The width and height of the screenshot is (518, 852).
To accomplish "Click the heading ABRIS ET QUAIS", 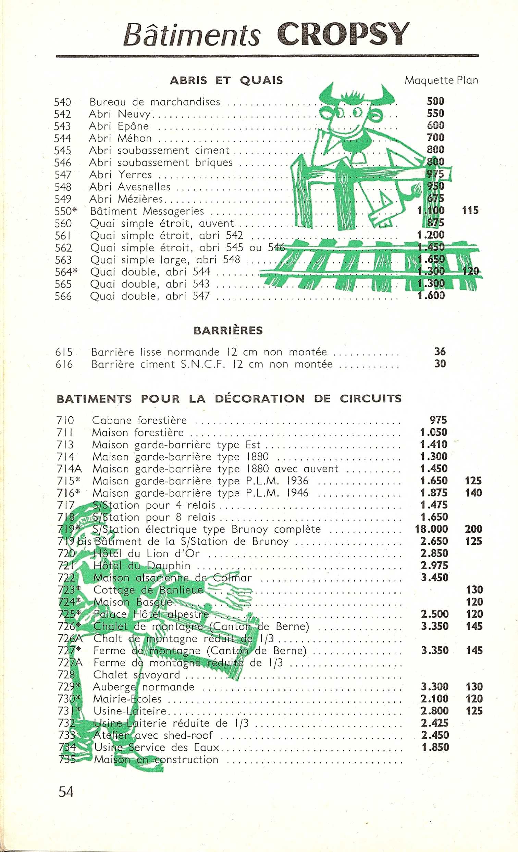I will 226,80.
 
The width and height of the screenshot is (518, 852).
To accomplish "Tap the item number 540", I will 63,102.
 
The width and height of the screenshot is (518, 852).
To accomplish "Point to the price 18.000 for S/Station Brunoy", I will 431,529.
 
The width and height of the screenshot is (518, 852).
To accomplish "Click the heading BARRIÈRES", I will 228,330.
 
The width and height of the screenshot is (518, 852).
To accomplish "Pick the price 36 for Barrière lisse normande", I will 440,351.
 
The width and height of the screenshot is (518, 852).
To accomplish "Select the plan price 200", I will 473,529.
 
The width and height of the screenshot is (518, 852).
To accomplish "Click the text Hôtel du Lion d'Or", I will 146,554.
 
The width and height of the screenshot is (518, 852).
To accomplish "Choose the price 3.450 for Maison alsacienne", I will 435,578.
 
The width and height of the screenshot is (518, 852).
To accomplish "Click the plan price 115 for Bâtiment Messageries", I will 470,210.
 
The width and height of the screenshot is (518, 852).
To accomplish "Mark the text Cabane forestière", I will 139,420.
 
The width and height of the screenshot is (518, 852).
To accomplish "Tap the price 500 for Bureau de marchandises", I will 435,101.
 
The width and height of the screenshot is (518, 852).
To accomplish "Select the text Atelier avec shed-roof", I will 153,736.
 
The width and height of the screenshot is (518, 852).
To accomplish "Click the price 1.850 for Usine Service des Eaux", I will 435,748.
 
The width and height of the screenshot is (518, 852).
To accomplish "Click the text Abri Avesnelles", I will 130,187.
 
